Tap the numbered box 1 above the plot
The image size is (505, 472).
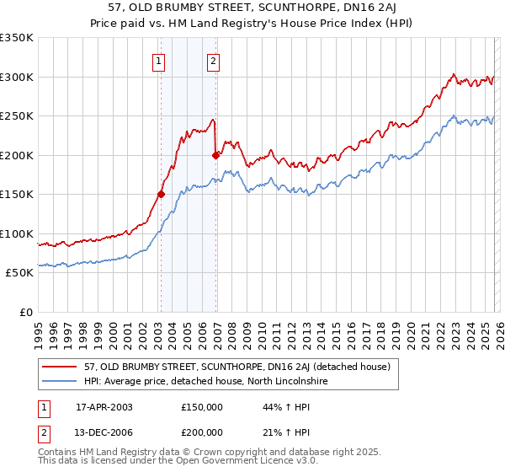(x=159, y=61)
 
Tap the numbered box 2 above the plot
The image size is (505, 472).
(x=214, y=61)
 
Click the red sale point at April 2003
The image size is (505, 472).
(x=161, y=194)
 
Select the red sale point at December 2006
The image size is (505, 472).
(x=216, y=155)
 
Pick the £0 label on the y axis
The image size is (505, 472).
(x=25, y=312)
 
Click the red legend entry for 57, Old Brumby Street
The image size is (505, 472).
(x=237, y=367)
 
